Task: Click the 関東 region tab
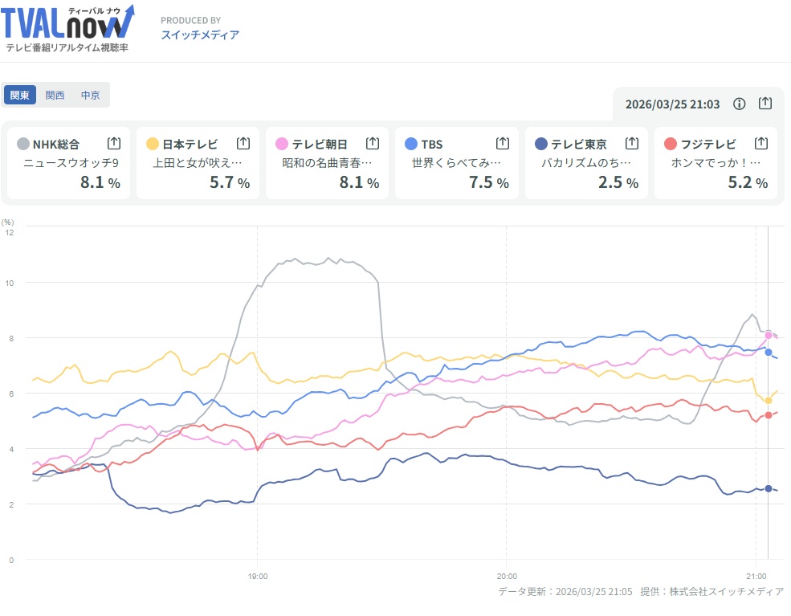(x=20, y=95)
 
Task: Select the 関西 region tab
(x=55, y=95)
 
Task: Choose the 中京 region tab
(x=90, y=95)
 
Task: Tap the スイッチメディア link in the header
(x=200, y=35)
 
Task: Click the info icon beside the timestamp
(x=740, y=104)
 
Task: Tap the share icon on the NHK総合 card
(x=114, y=143)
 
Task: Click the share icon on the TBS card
(x=503, y=143)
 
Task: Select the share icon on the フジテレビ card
(x=761, y=143)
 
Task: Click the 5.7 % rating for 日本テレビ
(x=229, y=182)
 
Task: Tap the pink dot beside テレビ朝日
(x=282, y=144)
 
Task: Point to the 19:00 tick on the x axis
(x=257, y=576)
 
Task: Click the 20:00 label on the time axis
(x=507, y=576)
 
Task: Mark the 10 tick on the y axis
(x=10, y=283)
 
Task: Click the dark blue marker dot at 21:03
(x=769, y=488)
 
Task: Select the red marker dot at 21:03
(x=769, y=414)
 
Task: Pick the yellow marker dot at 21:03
(x=769, y=400)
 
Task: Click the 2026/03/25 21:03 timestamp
(x=672, y=104)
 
